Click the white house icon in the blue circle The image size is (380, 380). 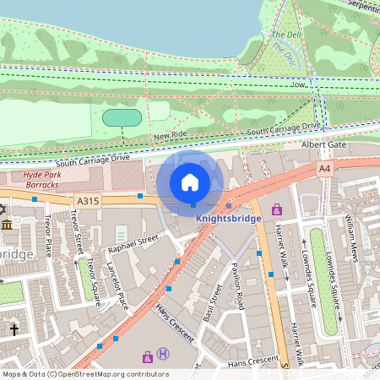tap(190, 182)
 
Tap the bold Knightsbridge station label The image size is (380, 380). tap(228, 217)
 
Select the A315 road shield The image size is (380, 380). tap(87, 201)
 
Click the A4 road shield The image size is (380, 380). tap(324, 170)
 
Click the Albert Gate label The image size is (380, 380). tap(324, 145)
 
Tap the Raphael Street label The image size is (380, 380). tap(133, 243)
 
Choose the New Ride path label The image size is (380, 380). tap(169, 135)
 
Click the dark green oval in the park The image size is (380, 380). tap(122, 117)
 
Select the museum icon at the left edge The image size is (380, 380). tap(8, 224)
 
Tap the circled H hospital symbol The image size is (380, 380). tap(163, 355)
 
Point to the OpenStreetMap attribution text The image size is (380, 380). tap(84, 374)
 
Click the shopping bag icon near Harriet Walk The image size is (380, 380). tap(276, 209)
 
